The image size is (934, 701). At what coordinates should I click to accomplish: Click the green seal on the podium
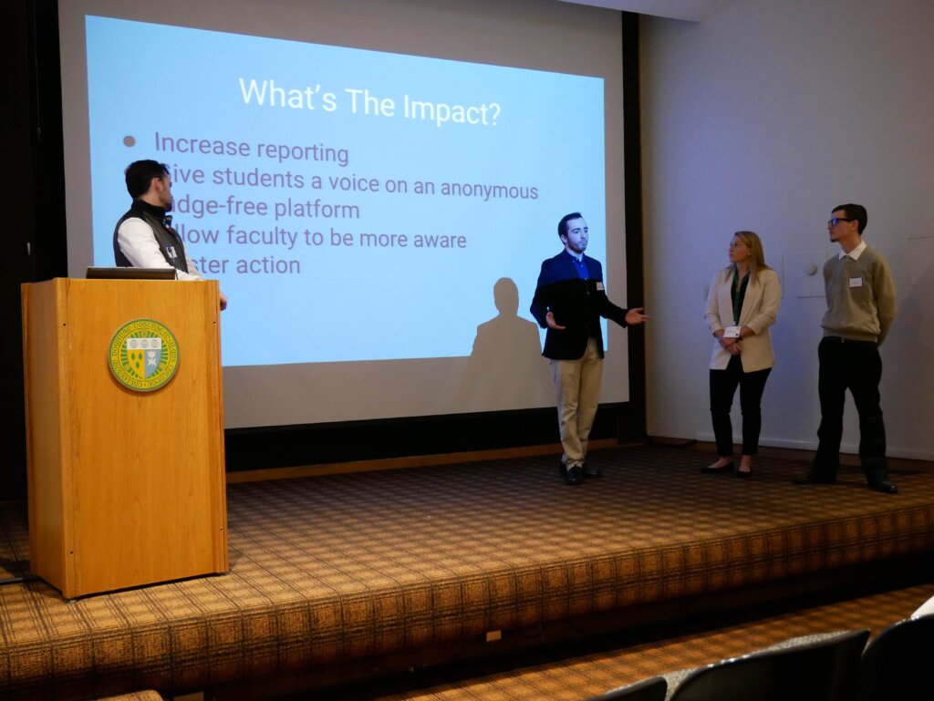click(x=143, y=355)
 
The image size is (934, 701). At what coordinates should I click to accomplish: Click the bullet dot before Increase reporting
click(x=129, y=141)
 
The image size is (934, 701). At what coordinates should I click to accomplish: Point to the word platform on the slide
click(x=315, y=209)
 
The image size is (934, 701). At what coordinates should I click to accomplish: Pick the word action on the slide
click(x=265, y=265)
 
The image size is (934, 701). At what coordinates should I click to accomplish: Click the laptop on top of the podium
click(x=131, y=272)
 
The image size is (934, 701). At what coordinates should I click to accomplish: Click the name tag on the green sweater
click(x=856, y=282)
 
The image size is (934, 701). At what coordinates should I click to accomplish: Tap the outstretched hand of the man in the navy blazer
click(x=636, y=316)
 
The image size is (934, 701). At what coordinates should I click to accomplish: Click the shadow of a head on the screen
click(x=506, y=296)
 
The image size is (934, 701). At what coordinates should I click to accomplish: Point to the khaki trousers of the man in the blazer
click(x=577, y=401)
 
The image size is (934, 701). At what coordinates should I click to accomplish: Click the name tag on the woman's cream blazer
click(x=732, y=332)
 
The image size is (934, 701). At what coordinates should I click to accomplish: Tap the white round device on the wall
click(x=812, y=269)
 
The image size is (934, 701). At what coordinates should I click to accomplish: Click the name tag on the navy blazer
click(x=599, y=285)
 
